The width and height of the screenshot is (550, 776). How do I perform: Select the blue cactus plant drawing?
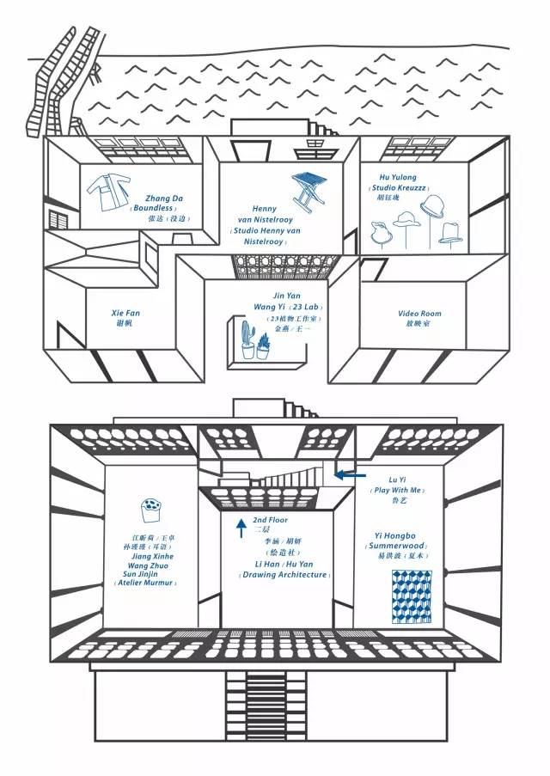click(248, 342)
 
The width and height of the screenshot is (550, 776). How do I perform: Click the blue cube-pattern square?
click(411, 596)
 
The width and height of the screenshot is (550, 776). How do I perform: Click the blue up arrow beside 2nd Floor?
click(241, 526)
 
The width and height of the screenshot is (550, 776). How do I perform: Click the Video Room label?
click(419, 314)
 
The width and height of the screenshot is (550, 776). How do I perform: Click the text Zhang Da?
click(164, 199)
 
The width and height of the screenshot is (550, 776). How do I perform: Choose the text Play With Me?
click(397, 490)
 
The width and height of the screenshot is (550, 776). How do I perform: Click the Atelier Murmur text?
click(145, 583)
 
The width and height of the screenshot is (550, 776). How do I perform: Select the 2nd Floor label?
click(271, 520)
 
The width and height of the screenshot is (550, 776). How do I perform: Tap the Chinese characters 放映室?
click(419, 324)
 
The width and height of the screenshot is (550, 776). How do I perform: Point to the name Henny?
click(264, 209)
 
